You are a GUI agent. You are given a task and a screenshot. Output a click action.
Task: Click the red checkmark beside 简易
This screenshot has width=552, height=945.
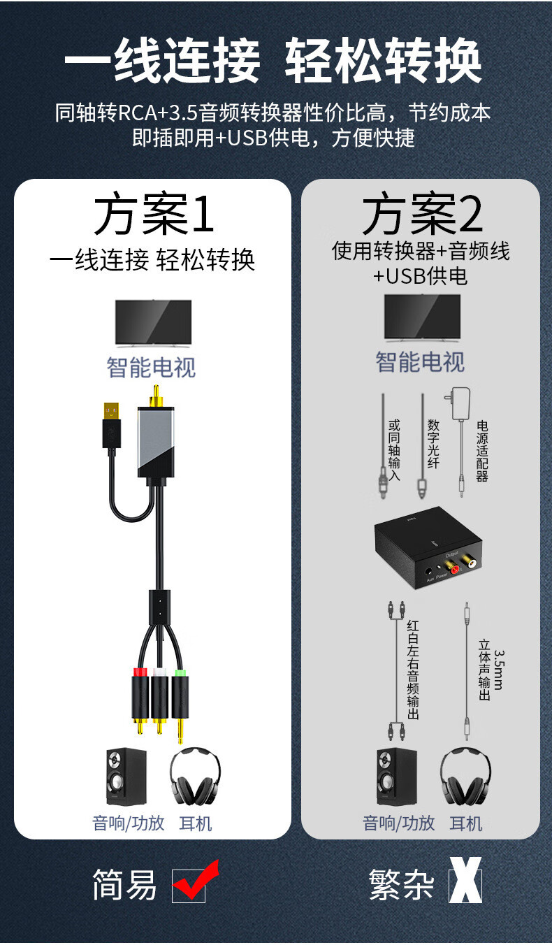(x=194, y=882)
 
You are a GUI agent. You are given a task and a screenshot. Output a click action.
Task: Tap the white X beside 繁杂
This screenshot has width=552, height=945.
(x=464, y=884)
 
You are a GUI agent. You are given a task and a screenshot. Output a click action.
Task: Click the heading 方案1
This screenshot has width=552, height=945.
(x=153, y=215)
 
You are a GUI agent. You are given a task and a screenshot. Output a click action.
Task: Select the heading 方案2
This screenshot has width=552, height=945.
(x=421, y=215)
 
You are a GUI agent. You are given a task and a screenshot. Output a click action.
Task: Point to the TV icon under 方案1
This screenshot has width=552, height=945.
(x=153, y=322)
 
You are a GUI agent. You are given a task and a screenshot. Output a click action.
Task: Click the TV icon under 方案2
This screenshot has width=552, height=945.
(x=422, y=317)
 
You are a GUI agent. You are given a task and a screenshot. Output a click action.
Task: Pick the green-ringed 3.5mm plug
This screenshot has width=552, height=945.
(x=180, y=702)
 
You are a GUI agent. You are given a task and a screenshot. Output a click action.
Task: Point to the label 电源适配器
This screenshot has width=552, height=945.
(x=482, y=451)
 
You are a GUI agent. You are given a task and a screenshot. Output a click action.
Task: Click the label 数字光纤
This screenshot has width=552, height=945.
(x=433, y=444)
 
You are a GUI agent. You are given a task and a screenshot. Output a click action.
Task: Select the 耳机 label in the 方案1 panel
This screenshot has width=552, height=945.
(x=196, y=823)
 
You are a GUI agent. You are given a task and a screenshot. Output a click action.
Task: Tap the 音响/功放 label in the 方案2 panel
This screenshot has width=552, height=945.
(x=398, y=823)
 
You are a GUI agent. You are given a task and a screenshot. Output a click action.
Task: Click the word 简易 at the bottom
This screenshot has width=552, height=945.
(x=124, y=885)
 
